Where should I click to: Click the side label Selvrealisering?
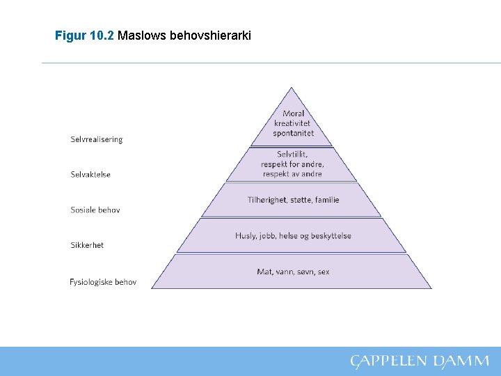click(96, 139)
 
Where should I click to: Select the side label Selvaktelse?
click(90, 174)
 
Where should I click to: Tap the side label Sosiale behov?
click(95, 210)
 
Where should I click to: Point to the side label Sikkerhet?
click(87, 245)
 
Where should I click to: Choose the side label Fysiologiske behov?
click(103, 282)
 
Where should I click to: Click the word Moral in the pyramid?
click(294, 113)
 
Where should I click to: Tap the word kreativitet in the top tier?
click(294, 123)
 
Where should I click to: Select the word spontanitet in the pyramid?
click(294, 133)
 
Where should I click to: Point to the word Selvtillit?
click(292, 154)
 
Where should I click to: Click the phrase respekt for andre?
click(293, 164)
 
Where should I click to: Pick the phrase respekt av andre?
click(293, 174)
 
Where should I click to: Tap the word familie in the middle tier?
click(327, 200)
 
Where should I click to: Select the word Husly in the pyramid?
click(246, 236)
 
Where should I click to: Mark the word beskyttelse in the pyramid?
click(331, 236)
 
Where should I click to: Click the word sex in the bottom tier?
click(324, 272)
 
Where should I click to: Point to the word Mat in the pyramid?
click(264, 272)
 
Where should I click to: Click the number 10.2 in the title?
click(103, 34)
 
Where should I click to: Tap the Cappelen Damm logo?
click(420, 361)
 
